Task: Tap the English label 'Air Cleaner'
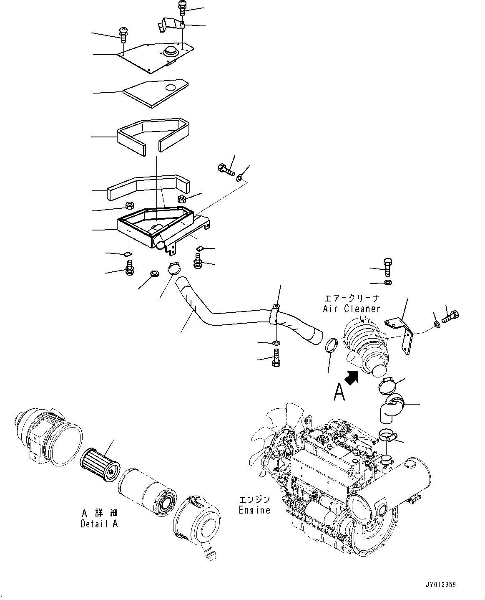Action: pyautogui.click(x=352, y=309)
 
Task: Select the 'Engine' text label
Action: pyautogui.click(x=255, y=510)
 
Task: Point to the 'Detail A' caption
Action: pyautogui.click(x=99, y=524)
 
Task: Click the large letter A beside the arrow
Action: pyautogui.click(x=340, y=392)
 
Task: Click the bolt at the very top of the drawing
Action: pyautogui.click(x=182, y=8)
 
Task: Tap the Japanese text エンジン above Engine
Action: pyautogui.click(x=255, y=499)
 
